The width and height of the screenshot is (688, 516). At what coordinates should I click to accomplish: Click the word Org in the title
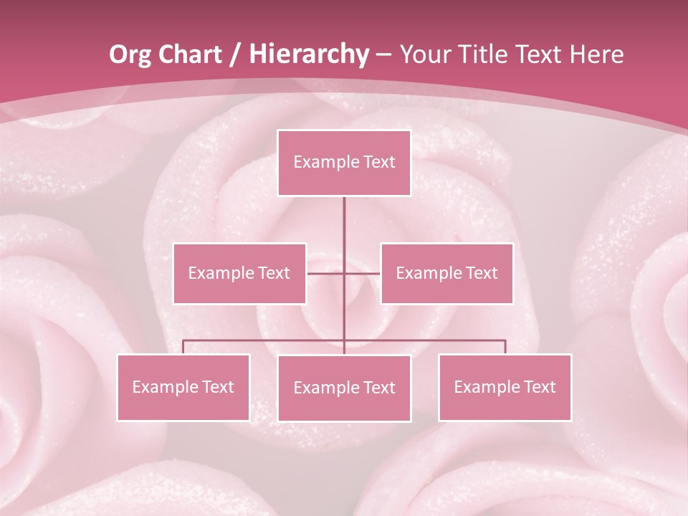click(130, 55)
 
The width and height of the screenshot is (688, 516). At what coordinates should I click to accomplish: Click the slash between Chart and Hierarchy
click(234, 55)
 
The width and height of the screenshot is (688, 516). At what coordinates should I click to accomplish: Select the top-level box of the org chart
click(344, 163)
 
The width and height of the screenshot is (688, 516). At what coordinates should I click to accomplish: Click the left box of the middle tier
click(239, 273)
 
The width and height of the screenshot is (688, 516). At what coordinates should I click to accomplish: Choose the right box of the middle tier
click(446, 273)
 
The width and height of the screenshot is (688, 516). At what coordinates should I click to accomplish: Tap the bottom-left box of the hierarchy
click(183, 387)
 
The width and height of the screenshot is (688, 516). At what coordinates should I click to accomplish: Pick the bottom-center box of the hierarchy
click(344, 388)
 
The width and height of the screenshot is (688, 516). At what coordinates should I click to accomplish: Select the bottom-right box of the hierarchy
click(505, 387)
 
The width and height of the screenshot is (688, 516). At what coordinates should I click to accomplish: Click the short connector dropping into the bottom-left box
click(183, 347)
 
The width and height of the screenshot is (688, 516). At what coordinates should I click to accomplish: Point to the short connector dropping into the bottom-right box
click(505, 347)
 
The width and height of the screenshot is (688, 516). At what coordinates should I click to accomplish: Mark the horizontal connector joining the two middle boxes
click(326, 273)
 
